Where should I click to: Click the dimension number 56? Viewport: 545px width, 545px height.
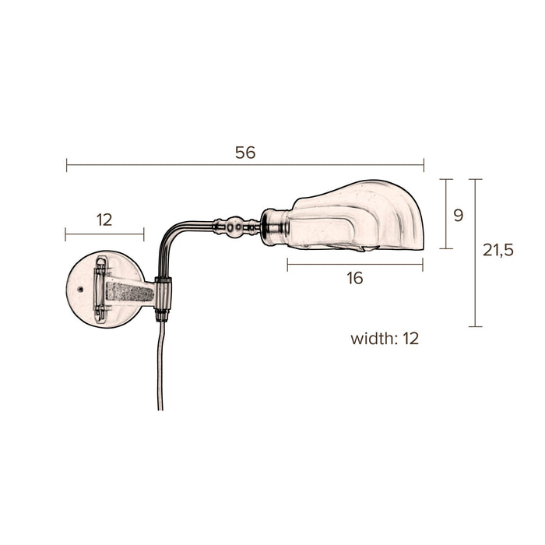pyautogui.click(x=245, y=153)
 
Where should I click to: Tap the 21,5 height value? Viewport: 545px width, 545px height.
pyautogui.click(x=498, y=250)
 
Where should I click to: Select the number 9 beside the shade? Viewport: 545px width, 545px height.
pyautogui.click(x=458, y=215)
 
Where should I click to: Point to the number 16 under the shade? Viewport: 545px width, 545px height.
pyautogui.click(x=354, y=279)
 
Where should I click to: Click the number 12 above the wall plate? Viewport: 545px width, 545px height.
pyautogui.click(x=104, y=220)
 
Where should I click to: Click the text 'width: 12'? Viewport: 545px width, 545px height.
pyautogui.click(x=385, y=339)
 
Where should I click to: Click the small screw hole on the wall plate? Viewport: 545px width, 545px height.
pyautogui.click(x=81, y=289)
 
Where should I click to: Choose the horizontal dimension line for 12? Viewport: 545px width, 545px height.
pyautogui.click(x=104, y=233)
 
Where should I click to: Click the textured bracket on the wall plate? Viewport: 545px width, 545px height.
pyautogui.click(x=129, y=292)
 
